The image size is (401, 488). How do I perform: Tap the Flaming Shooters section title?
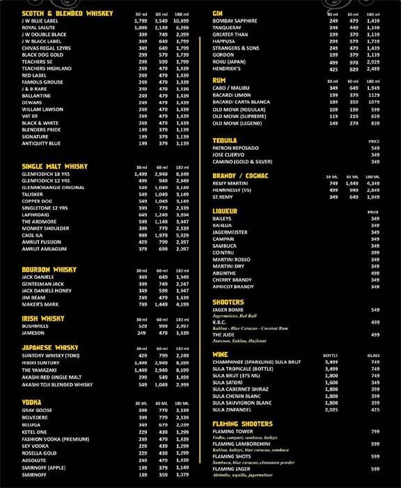click(x=242, y=423)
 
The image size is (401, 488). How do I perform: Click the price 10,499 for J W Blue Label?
click(x=182, y=20)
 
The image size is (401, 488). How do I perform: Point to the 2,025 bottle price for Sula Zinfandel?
click(x=331, y=410)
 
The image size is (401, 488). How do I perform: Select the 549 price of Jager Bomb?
click(x=375, y=310)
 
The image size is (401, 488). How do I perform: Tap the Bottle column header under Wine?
click(x=331, y=355)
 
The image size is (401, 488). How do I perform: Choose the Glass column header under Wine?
click(x=375, y=355)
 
